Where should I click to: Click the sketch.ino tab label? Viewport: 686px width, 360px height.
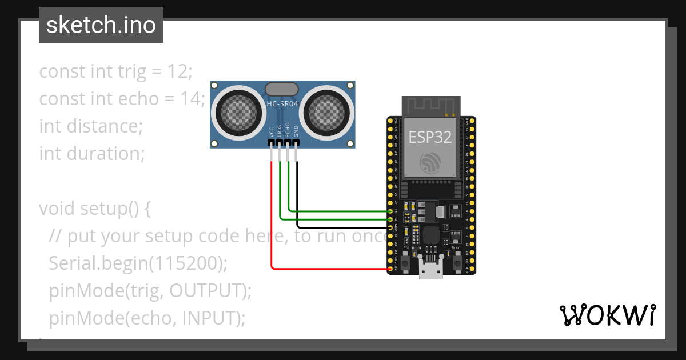click(101, 25)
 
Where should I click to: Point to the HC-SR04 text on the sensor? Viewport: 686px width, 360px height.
click(282, 104)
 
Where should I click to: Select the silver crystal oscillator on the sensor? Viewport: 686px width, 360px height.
click(282, 89)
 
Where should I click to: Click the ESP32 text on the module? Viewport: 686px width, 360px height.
click(430, 137)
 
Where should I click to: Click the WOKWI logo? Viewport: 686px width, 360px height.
click(607, 315)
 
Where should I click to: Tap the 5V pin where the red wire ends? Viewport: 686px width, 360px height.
click(390, 269)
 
